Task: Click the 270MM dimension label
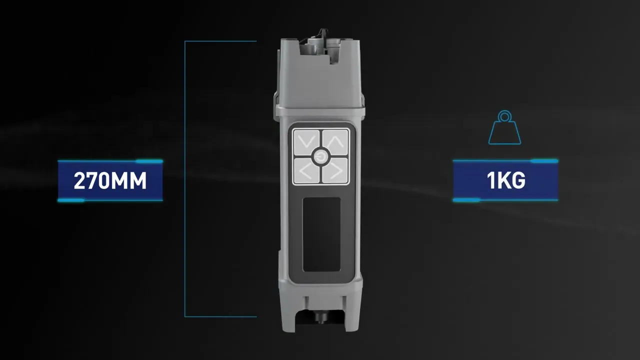(110, 180)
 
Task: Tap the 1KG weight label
(505, 180)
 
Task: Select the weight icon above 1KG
(504, 127)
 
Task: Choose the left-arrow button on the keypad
(306, 171)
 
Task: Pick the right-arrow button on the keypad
(335, 171)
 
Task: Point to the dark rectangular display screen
(321, 234)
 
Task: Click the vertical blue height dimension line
(185, 179)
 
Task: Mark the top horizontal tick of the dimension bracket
(220, 41)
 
